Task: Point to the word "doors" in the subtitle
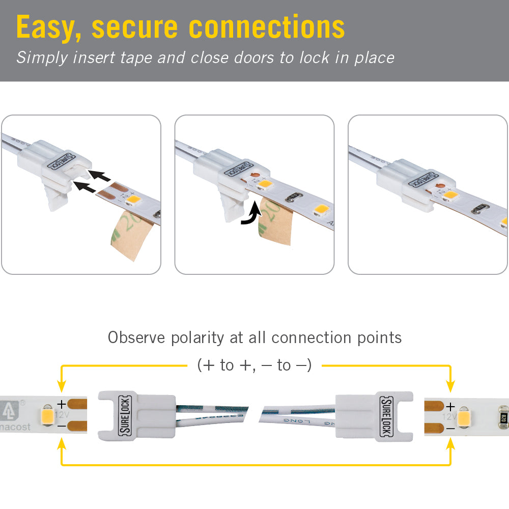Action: click(254, 57)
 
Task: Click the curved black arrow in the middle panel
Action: click(250, 213)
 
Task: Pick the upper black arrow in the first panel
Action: click(101, 176)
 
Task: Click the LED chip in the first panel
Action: click(134, 200)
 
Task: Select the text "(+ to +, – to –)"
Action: click(254, 365)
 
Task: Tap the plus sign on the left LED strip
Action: click(62, 404)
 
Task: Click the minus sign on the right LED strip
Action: click(450, 429)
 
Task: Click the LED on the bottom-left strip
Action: click(47, 415)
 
